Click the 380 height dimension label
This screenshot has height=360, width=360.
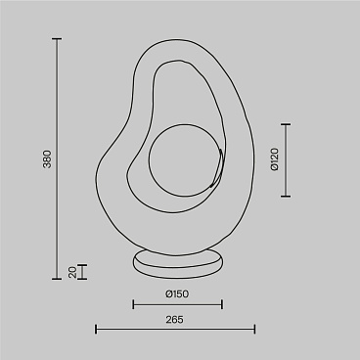tap(46, 161)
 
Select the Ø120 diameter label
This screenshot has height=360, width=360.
tap(275, 160)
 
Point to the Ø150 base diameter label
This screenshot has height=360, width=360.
tap(176, 293)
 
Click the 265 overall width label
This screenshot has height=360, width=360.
tap(175, 319)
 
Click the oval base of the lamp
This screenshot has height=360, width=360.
tap(177, 259)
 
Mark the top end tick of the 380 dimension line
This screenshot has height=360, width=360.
tap(56, 39)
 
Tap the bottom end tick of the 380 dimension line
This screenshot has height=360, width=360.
tap(56, 280)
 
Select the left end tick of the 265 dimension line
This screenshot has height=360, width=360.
tap(96, 331)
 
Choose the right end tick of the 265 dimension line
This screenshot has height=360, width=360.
tap(255, 331)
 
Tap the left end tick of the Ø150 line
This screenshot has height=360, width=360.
tap(132, 305)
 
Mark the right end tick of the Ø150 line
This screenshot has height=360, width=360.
tap(222, 305)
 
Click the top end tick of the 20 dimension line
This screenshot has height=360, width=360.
tap(82, 265)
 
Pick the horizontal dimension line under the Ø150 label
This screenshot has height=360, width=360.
tap(177, 305)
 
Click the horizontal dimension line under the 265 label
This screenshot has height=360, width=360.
tap(176, 331)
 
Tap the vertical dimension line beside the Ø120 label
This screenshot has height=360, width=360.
tap(286, 160)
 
